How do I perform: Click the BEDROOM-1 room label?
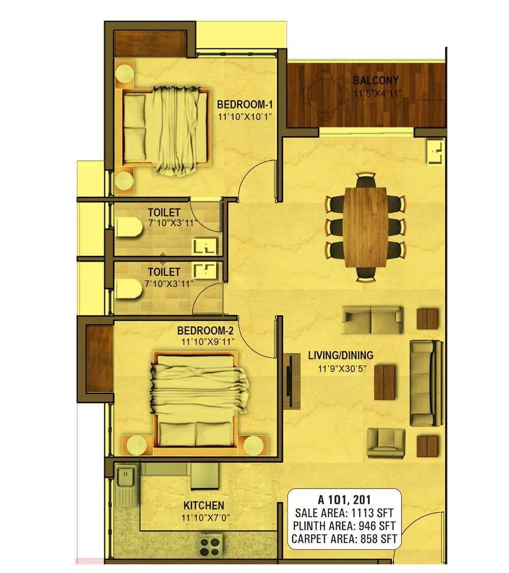pyautogui.click(x=245, y=105)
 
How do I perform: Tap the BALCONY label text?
pyautogui.click(x=376, y=80)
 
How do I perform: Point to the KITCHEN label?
pyautogui.click(x=204, y=505)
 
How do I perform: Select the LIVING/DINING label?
pyautogui.click(x=341, y=355)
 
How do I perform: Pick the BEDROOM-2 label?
pyautogui.click(x=206, y=330)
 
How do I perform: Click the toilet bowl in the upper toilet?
pyautogui.click(x=128, y=227)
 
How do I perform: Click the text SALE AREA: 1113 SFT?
pyautogui.click(x=344, y=513)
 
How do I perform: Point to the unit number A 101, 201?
pyautogui.click(x=344, y=499)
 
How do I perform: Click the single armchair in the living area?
pyautogui.click(x=386, y=443)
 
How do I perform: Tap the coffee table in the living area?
pyautogui.click(x=385, y=382)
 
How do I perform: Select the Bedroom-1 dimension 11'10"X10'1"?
pyautogui.click(x=245, y=117)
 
